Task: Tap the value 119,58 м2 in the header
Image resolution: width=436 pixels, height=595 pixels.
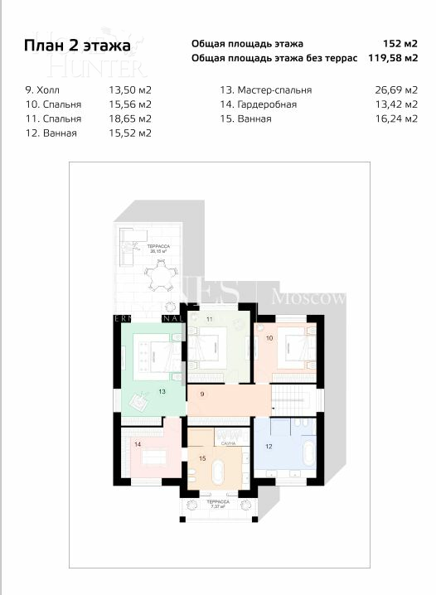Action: coord(392,58)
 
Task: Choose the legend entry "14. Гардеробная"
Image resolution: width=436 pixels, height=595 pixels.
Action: coord(258,104)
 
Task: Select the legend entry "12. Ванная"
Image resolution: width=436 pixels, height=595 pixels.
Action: coord(51,133)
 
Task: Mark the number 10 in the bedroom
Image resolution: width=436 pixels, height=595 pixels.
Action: coord(269,338)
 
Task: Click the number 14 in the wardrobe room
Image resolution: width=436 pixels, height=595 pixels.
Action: coord(138,444)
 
